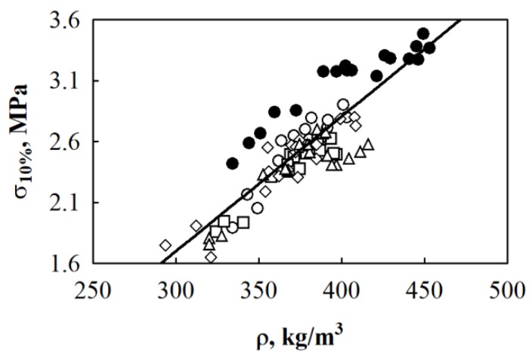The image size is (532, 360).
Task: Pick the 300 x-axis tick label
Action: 176,289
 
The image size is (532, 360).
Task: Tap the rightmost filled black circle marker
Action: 429,48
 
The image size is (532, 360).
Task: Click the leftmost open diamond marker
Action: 165,245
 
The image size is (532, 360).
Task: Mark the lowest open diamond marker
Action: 211,257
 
